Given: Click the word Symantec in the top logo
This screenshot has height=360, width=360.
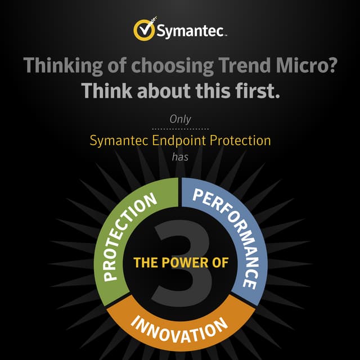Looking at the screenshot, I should (x=191, y=31).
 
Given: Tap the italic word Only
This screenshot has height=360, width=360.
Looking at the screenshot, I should (x=180, y=119).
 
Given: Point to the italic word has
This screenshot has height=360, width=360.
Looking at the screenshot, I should (x=180, y=157).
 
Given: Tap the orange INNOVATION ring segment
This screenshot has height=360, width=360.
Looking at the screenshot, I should (x=180, y=323).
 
